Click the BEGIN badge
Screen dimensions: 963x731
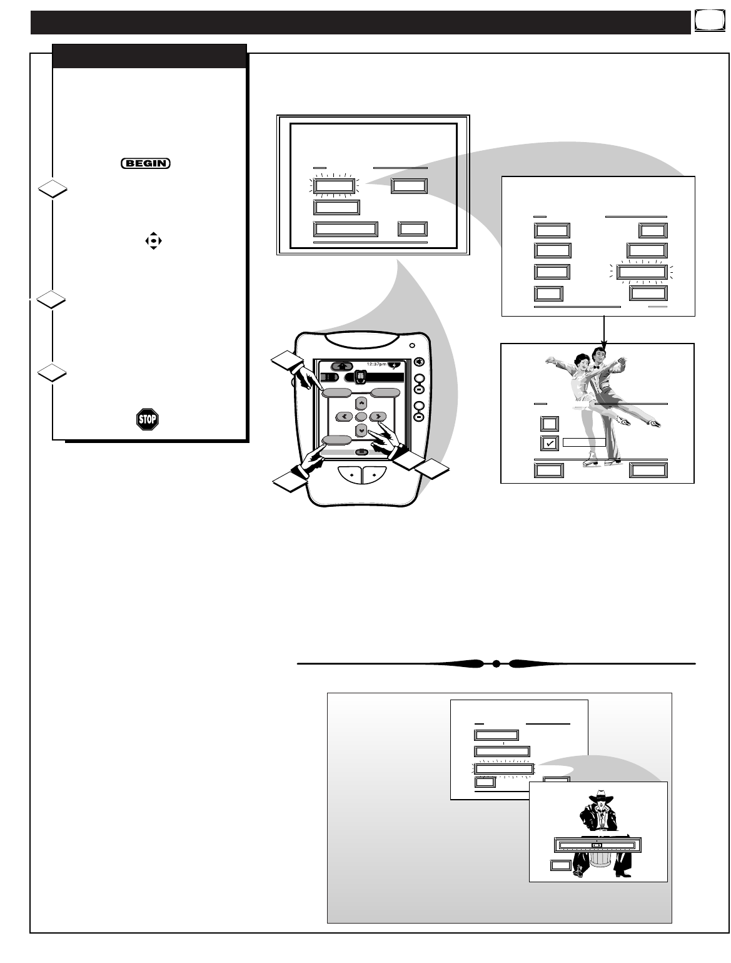point(146,163)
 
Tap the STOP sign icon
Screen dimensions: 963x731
point(148,419)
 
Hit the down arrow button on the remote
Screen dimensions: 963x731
point(361,431)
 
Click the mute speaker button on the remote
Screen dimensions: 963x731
point(419,361)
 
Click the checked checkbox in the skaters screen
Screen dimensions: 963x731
point(548,442)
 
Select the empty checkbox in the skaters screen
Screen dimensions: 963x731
point(548,424)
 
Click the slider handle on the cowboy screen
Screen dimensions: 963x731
point(597,845)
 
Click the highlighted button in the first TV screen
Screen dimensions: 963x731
point(334,186)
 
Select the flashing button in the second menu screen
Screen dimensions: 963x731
point(640,272)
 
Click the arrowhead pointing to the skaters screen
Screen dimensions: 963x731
point(604,340)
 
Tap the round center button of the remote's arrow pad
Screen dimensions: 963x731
point(361,417)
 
